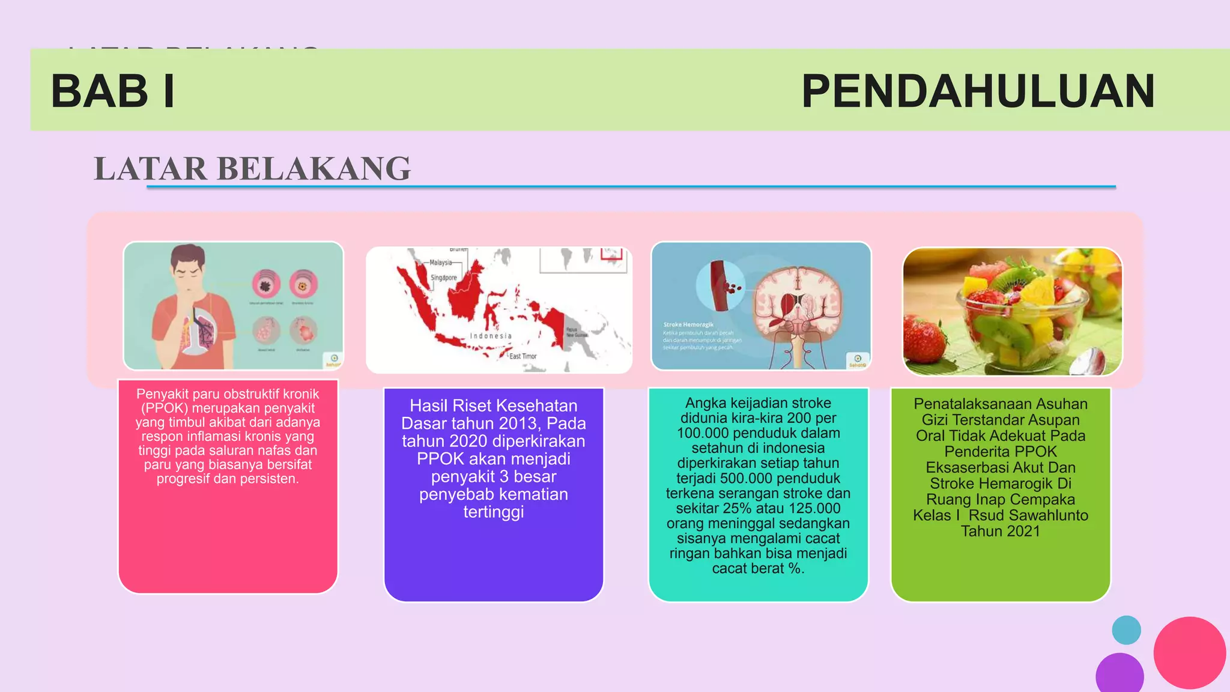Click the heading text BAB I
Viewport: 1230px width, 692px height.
[x=113, y=91]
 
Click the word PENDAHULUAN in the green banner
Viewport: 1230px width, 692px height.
[x=978, y=91]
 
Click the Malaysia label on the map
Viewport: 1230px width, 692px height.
[x=440, y=263]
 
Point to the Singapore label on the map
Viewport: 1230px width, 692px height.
[x=444, y=278]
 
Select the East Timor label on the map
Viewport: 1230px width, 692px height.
[x=523, y=356]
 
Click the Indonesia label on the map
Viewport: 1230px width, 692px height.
[x=491, y=336]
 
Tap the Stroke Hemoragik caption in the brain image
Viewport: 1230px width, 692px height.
[x=688, y=324]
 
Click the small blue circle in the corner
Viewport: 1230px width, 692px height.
[x=1126, y=630]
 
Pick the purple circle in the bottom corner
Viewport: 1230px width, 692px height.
[x=1119, y=674]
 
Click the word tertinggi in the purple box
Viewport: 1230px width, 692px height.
[x=493, y=512]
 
